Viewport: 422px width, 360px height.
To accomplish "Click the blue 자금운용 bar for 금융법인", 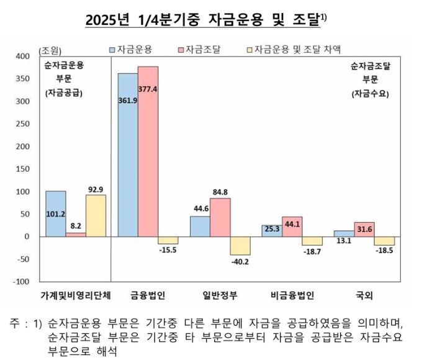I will (128, 155).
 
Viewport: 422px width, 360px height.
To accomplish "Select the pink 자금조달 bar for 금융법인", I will (148, 151).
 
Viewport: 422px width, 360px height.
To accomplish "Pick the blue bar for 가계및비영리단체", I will (56, 214).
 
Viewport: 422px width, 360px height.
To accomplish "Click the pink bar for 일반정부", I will (220, 217).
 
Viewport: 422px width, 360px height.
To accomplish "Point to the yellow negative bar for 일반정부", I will (240, 246).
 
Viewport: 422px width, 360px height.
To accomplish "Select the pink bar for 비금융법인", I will (292, 227).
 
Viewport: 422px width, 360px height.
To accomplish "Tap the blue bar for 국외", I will (344, 233).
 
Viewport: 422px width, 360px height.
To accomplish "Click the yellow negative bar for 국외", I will (384, 241).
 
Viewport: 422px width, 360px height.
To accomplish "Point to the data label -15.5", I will (168, 250).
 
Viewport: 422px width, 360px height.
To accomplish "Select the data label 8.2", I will (76, 227).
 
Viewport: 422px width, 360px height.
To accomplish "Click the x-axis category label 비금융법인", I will (292, 296).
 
